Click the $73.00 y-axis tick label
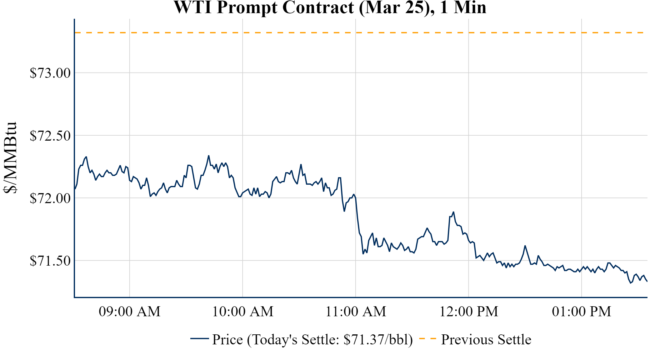coord(50,73)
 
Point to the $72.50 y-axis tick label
coord(50,136)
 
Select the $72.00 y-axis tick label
coord(50,198)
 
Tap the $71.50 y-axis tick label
coord(50,261)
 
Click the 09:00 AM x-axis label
coord(130,312)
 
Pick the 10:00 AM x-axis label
coord(243,312)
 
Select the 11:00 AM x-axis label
coord(356,312)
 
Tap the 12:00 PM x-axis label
coord(469,312)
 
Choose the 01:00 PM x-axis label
coord(582,312)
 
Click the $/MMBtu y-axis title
coord(10,158)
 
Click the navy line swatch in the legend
coord(199,338)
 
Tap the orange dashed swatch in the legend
coord(427,338)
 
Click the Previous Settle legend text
coord(486,340)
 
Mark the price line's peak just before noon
coord(453,212)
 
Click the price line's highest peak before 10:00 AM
coord(209,156)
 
